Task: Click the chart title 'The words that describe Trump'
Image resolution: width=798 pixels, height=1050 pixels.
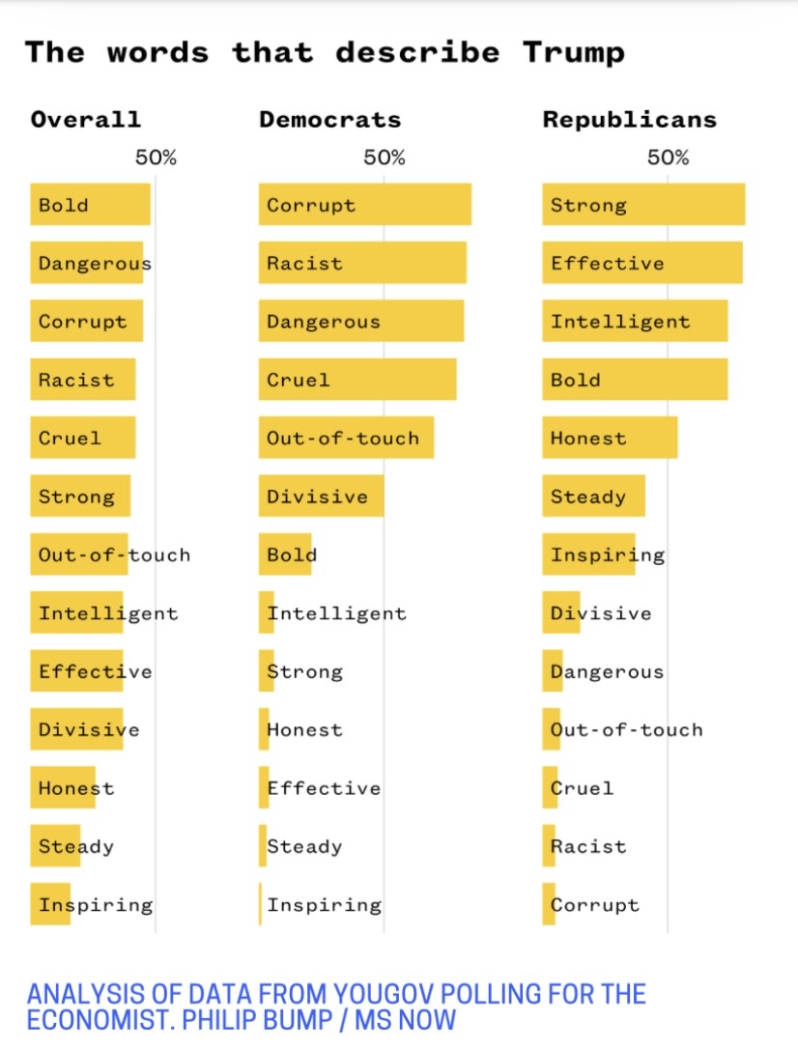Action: (325, 51)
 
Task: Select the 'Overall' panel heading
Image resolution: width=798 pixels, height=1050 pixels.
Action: (85, 120)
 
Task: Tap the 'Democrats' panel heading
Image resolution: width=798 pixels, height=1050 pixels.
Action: (329, 120)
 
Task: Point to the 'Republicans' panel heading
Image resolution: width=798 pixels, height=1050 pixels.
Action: (629, 120)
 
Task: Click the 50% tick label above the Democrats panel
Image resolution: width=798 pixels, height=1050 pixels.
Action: (384, 157)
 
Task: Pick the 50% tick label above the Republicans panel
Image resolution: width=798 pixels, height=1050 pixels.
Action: (668, 157)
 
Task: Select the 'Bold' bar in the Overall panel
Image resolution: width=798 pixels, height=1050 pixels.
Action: (90, 205)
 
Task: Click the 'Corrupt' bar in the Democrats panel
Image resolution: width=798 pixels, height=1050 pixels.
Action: (364, 205)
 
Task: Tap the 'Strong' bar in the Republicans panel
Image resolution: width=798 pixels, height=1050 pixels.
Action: (642, 205)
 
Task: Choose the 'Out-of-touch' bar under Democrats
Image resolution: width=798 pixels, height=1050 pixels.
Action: (346, 438)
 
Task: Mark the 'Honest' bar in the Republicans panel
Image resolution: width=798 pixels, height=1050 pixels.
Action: (609, 438)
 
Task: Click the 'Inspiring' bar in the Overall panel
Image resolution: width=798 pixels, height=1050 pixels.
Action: (50, 904)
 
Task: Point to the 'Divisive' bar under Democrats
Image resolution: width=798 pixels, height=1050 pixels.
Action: (321, 497)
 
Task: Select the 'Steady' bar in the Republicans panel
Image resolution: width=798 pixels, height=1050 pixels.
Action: (593, 497)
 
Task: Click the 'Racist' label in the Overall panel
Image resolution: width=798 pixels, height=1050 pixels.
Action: (76, 380)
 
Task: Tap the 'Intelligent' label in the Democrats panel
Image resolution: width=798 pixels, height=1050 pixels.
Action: (336, 613)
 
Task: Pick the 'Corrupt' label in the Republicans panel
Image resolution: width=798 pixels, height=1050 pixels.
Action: (595, 905)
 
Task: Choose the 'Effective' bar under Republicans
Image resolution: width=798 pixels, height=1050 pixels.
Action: (641, 263)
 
